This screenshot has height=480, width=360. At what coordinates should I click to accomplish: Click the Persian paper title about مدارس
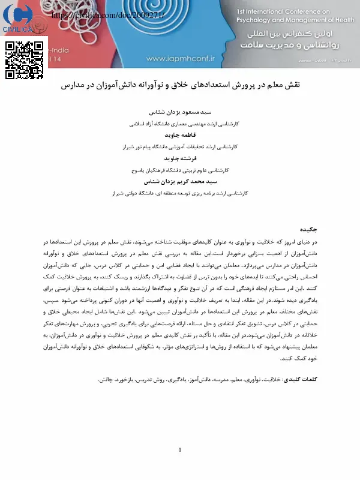[x=181, y=85]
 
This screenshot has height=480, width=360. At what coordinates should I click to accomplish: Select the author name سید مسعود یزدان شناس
[x=180, y=112]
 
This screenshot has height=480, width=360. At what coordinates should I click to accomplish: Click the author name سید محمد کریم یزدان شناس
[x=180, y=181]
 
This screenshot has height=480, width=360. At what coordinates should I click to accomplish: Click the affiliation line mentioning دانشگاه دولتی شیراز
[x=180, y=193]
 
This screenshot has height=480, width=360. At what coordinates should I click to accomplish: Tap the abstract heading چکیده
[x=309, y=229]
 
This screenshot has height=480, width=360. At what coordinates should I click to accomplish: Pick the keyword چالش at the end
[x=105, y=379]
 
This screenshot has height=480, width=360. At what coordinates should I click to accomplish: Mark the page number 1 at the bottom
[x=180, y=450]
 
